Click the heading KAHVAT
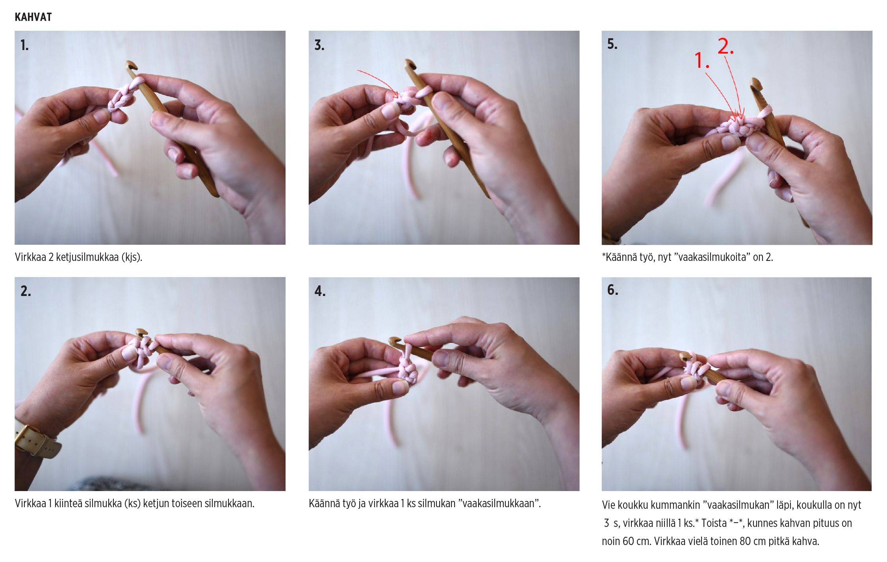[33, 17]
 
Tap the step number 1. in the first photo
[24, 45]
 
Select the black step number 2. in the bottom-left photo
[26, 291]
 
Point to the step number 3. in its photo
[319, 45]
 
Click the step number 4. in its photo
[320, 291]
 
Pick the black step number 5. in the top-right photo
[612, 44]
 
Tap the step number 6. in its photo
[612, 290]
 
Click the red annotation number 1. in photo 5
[702, 60]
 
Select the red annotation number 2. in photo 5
[726, 46]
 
